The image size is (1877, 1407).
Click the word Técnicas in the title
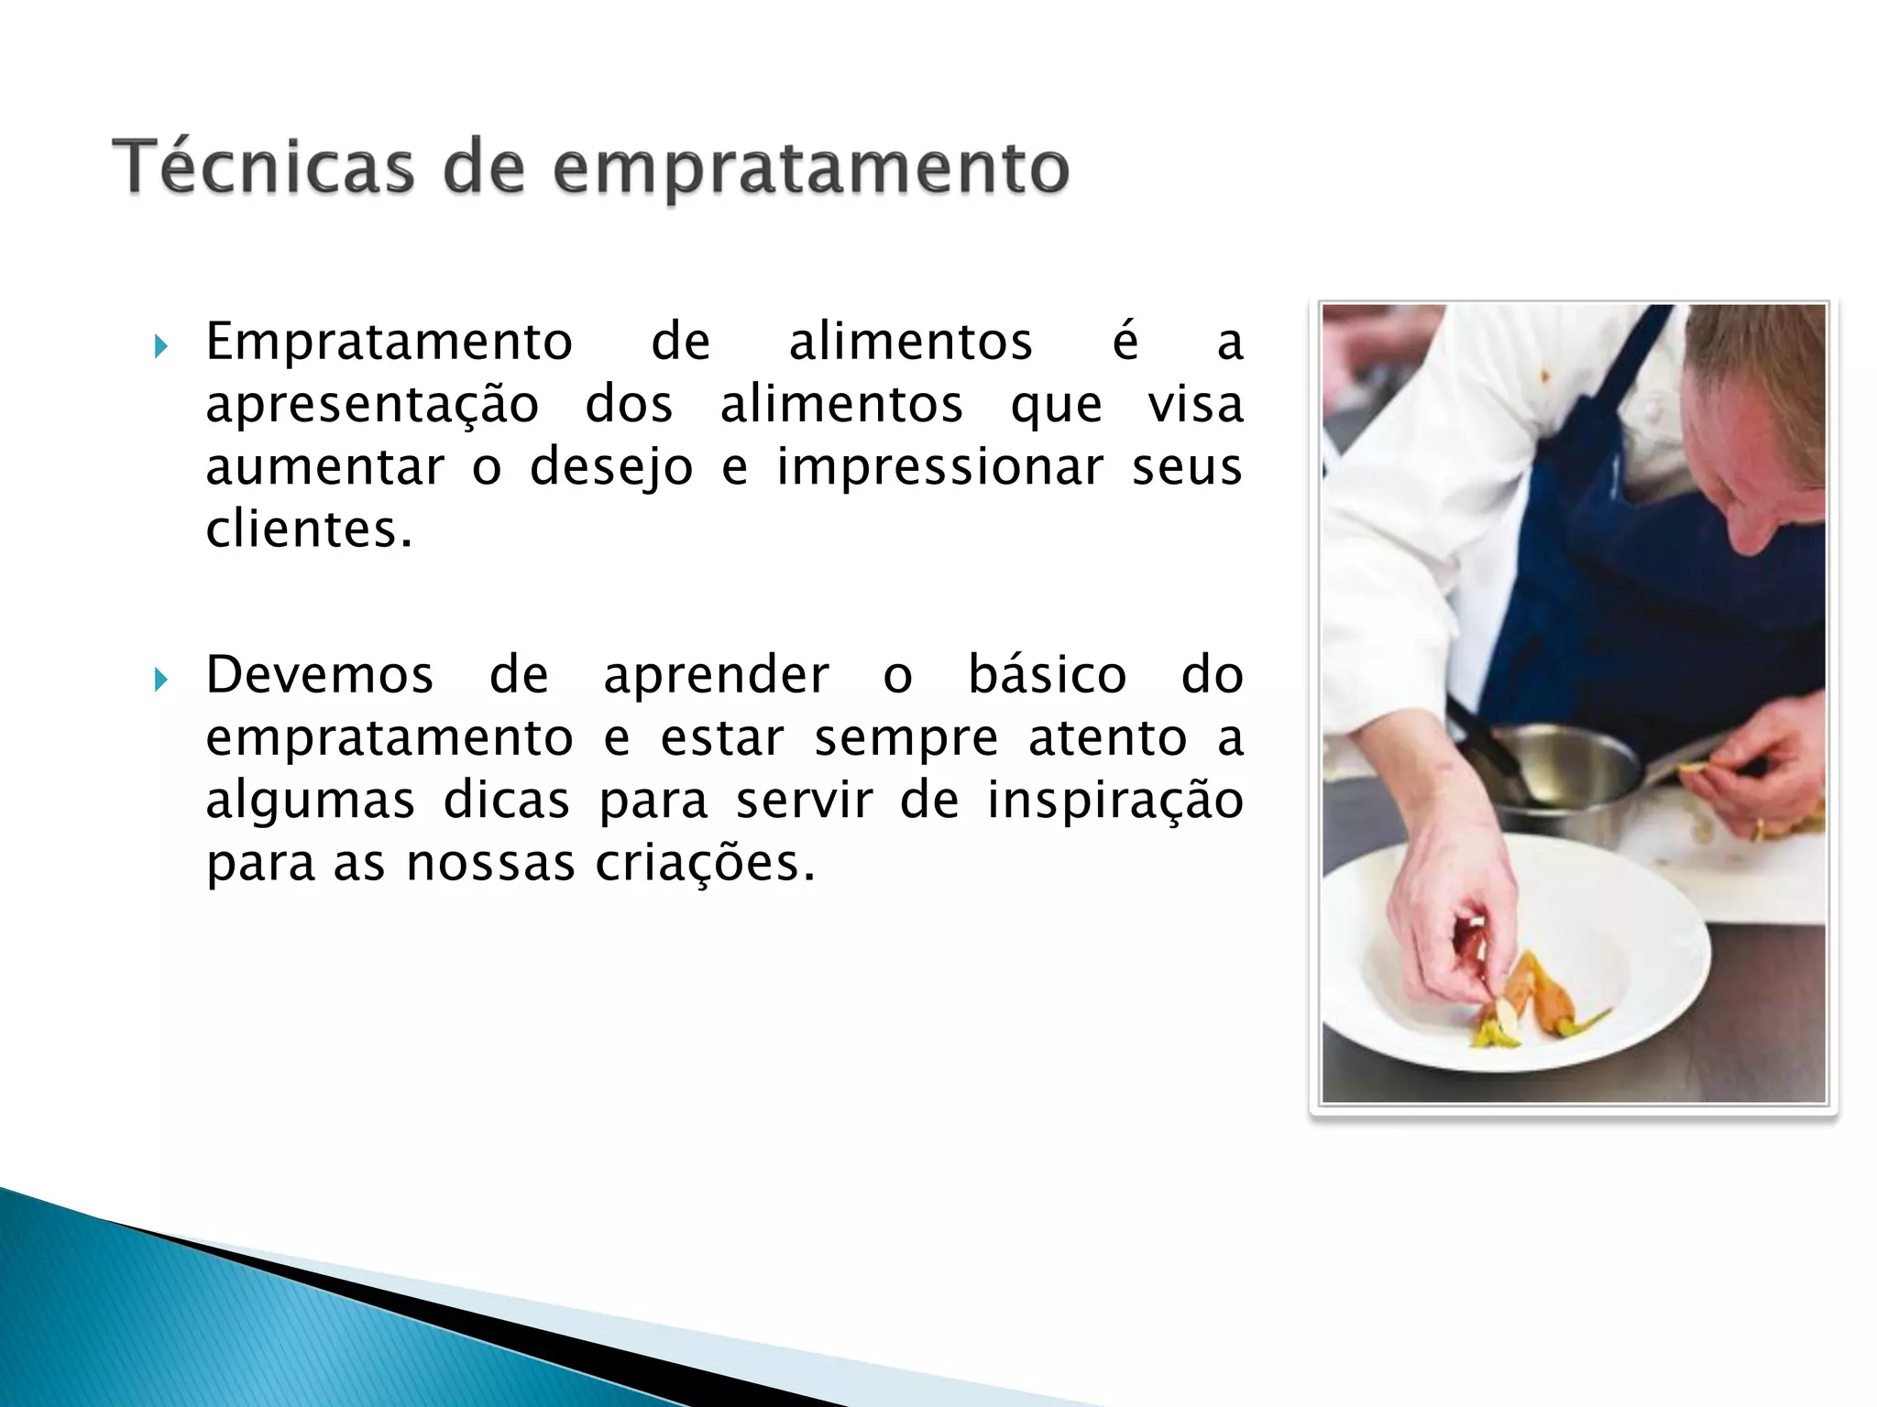coord(263,168)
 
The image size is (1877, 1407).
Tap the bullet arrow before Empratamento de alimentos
coord(161,346)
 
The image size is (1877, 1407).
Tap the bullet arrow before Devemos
coord(161,680)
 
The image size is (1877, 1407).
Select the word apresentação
coord(372,406)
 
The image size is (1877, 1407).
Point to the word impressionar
coord(939,466)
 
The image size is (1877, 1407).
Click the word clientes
coord(308,529)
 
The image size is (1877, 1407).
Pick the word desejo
coord(611,468)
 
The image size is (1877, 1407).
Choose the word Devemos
coord(319,676)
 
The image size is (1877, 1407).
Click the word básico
coord(1047,676)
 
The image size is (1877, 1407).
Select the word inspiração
coord(1114,801)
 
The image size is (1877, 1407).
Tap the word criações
coord(704,863)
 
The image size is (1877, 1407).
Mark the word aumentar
coord(324,467)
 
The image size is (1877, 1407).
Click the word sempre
coord(906,738)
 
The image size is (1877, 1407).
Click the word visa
coord(1195,405)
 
